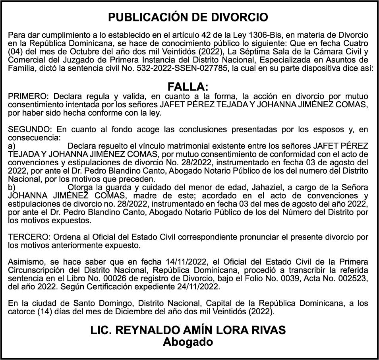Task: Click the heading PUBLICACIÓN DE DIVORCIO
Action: tap(188, 17)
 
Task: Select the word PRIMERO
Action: tap(27, 97)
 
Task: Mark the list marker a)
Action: tap(12, 146)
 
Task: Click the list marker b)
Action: tap(12, 187)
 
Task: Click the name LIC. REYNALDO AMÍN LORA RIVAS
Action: tap(188, 331)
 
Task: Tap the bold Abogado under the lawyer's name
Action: tap(188, 342)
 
